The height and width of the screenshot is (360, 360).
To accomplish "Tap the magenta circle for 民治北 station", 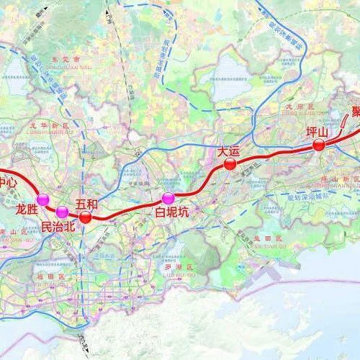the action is tap(62, 211).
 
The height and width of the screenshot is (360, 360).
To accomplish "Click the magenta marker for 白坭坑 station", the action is tap(168, 198).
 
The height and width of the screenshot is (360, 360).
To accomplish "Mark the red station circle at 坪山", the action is tap(318, 145).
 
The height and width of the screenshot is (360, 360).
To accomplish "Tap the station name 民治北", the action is tap(58, 226).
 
